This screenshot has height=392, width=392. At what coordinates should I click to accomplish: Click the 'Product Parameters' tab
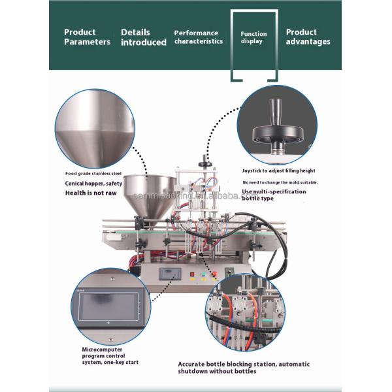(x=86, y=37)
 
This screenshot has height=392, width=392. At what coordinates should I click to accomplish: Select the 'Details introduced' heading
(x=143, y=37)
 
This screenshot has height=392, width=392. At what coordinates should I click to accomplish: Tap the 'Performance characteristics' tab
(x=198, y=37)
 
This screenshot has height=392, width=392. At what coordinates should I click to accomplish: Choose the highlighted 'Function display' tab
(x=253, y=37)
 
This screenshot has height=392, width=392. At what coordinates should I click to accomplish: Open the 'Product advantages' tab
(x=308, y=37)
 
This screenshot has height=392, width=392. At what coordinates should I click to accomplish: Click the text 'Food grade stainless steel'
(x=93, y=174)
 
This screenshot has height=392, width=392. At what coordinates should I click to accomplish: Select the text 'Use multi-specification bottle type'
(x=274, y=194)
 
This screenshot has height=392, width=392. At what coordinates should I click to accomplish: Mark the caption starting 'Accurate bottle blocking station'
(x=244, y=367)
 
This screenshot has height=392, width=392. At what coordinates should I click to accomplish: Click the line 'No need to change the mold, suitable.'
(x=280, y=182)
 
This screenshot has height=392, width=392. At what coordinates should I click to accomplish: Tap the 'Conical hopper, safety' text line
(x=93, y=184)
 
